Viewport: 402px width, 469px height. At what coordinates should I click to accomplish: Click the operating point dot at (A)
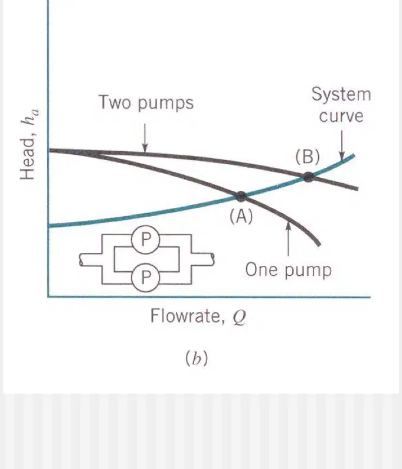[241, 197]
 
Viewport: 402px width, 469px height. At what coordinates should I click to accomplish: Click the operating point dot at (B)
[309, 177]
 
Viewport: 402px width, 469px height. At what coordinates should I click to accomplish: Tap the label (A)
[241, 216]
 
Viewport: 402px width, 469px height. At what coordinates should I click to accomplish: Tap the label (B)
[308, 157]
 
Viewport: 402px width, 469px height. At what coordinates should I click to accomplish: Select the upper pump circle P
[146, 240]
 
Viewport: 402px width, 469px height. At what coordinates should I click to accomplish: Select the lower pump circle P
[146, 277]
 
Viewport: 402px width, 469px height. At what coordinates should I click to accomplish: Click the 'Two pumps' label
[146, 103]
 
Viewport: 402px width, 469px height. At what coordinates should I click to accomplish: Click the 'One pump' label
[289, 270]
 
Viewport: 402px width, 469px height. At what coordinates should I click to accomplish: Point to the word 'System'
[341, 95]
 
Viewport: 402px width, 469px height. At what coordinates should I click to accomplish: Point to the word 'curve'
[341, 116]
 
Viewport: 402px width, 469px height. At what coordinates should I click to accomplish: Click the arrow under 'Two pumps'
[145, 138]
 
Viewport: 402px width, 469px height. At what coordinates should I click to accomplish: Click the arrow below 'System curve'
[342, 145]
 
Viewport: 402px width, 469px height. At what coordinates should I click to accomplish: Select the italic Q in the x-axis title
[240, 318]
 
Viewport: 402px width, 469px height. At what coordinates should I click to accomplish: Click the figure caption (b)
[197, 359]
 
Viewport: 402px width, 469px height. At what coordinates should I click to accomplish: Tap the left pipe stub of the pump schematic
[90, 260]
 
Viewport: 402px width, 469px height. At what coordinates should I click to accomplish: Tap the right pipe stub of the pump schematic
[203, 259]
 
